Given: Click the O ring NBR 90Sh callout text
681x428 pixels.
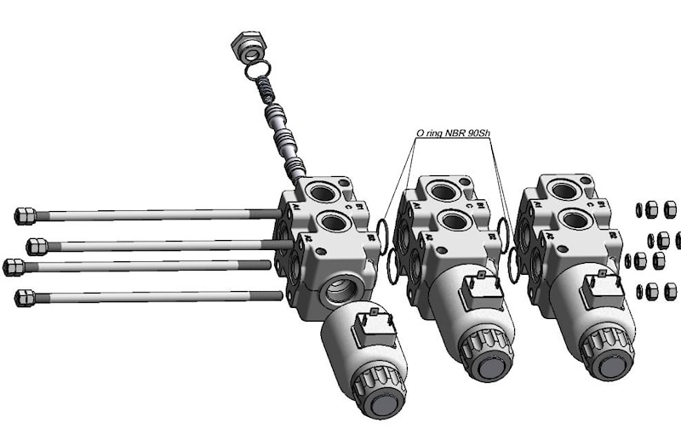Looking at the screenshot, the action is pos(453,133).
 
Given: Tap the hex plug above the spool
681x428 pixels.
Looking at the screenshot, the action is pos(249,46).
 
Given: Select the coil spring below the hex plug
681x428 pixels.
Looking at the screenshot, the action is pos(266,89).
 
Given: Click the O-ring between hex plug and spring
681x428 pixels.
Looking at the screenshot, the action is pos(258,71).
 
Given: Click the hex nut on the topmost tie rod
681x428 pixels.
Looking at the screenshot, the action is pos(25,216).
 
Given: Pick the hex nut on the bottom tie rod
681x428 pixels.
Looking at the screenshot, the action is pos(25,298).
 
